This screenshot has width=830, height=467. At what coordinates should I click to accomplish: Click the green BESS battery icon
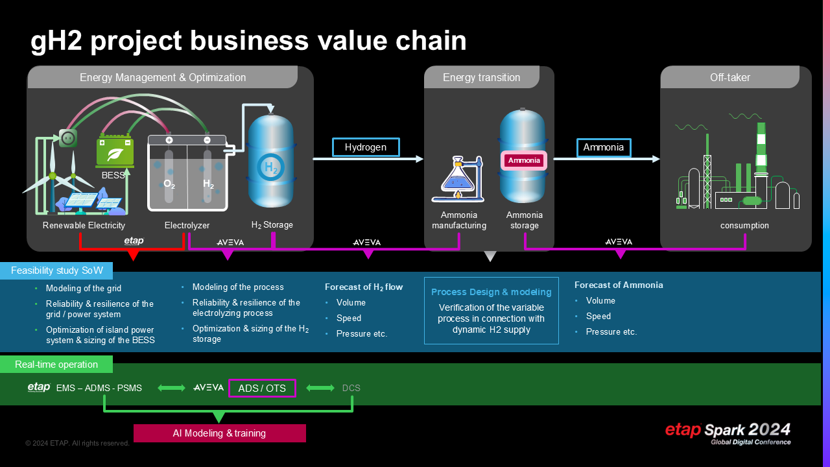tap(115, 152)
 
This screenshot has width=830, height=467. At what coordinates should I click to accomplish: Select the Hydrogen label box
tap(366, 147)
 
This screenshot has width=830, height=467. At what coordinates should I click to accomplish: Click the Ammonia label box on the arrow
tap(604, 147)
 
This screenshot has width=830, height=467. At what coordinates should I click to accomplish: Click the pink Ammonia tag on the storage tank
tap(524, 160)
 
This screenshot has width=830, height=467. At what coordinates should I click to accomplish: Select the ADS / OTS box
tap(262, 388)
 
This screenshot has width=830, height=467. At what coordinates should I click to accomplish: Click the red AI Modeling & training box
tap(219, 433)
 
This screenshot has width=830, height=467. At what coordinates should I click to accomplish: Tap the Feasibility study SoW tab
tap(57, 270)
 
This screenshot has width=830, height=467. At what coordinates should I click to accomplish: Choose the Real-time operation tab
tap(56, 365)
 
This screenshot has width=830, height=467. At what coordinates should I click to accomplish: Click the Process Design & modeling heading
tap(491, 292)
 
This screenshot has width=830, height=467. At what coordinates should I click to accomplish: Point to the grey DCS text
tap(351, 388)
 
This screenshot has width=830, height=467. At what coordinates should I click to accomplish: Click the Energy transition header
tap(481, 77)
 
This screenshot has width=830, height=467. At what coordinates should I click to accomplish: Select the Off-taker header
tap(730, 77)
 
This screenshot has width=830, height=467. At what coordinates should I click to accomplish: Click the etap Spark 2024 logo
tap(728, 432)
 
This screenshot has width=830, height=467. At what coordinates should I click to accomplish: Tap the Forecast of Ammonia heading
tap(619, 285)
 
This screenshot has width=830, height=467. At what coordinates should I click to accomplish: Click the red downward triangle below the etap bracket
tap(133, 255)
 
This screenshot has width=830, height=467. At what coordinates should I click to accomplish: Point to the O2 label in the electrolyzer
tap(169, 184)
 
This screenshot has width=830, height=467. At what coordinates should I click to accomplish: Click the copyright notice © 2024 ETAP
tap(77, 443)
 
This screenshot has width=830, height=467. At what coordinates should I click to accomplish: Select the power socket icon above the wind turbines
tap(68, 138)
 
